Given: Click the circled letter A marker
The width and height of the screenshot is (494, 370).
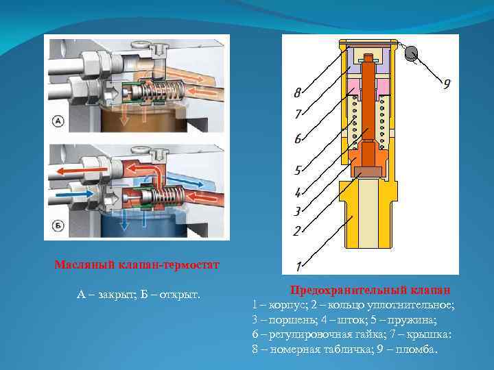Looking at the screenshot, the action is point(58,122).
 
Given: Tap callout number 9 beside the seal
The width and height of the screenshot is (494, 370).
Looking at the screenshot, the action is point(446,84).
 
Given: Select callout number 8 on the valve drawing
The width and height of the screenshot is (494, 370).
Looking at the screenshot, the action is point(297,92).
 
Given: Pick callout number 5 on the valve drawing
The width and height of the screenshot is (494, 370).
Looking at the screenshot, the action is point(297,170).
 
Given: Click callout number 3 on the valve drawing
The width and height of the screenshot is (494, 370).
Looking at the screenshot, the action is point(297,211).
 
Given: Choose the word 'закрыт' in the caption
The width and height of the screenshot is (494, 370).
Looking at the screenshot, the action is point(116,295).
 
